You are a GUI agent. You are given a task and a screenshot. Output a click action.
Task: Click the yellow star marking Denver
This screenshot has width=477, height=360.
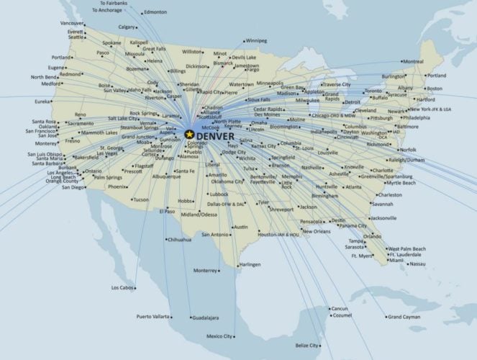click(189, 133)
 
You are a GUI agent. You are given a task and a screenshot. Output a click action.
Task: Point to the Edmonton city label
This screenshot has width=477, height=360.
click(155, 12)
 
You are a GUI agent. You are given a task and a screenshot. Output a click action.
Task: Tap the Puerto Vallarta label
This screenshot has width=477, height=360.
click(153, 316)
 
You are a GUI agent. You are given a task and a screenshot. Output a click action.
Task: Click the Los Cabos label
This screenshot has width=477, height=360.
click(122, 287)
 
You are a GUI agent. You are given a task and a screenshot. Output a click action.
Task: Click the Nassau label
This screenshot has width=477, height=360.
click(417, 264)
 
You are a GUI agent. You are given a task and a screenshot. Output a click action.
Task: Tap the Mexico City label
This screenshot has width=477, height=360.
click(219, 336)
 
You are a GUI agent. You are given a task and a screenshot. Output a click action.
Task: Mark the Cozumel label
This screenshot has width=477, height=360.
click(342, 315)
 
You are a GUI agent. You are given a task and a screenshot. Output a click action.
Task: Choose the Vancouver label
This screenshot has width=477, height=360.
click(71, 23)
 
